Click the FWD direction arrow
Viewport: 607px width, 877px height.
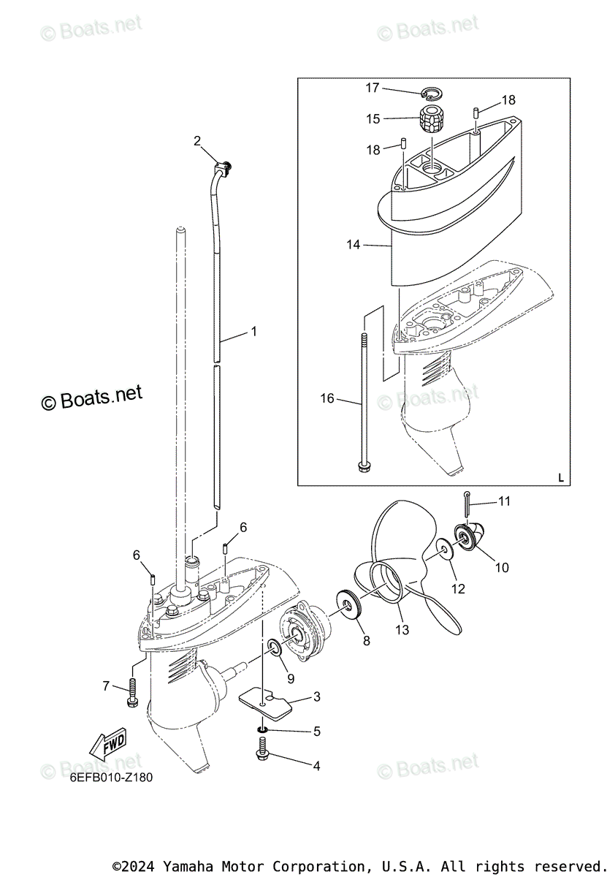point(107,745)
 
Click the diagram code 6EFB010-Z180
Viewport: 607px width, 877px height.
point(112,778)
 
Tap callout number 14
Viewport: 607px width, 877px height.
point(354,245)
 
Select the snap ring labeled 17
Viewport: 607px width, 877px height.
point(433,94)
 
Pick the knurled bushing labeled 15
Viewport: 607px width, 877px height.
point(432,117)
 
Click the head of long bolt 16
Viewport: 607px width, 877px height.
point(363,465)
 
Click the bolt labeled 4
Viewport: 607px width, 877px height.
point(261,749)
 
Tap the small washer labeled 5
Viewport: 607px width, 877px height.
point(261,731)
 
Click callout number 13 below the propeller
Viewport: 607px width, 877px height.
point(402,629)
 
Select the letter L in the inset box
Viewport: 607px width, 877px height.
point(561,477)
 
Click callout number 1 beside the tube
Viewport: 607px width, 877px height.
point(253,331)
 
